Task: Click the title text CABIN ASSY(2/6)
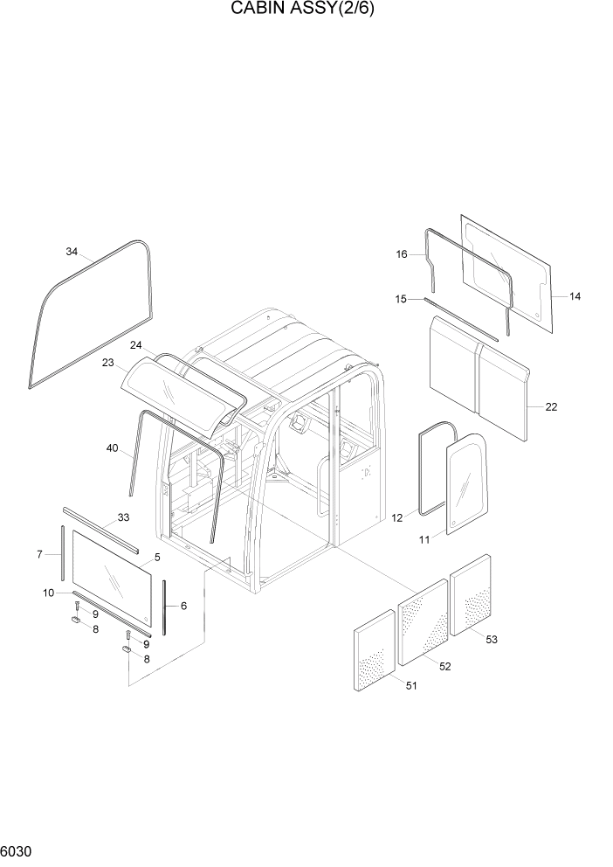click(x=306, y=10)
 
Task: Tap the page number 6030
click(x=16, y=850)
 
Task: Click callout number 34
click(x=72, y=253)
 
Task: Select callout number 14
click(x=574, y=296)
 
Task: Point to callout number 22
click(x=550, y=406)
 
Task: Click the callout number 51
click(x=410, y=685)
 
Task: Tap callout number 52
click(x=444, y=666)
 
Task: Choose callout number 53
click(x=491, y=639)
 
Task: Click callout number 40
click(x=112, y=448)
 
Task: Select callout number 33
click(x=123, y=517)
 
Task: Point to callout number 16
click(x=402, y=254)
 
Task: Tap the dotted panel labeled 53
click(x=471, y=593)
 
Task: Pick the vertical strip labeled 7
click(x=64, y=552)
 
